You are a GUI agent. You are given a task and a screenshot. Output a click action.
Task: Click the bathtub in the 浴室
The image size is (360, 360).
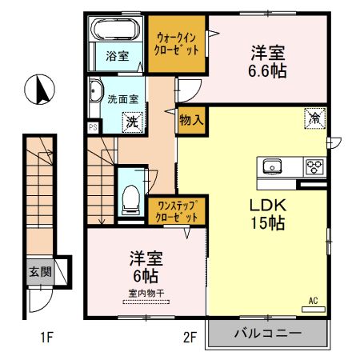(x=117, y=33)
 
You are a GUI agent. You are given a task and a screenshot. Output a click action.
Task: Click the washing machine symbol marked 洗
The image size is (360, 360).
(x=129, y=122)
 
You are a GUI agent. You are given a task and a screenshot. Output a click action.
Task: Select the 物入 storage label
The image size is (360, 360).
(x=190, y=121)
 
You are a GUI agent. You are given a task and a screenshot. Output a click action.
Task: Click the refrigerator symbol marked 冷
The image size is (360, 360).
(x=314, y=118)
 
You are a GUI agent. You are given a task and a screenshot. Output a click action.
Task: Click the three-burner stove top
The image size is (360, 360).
(x=313, y=166)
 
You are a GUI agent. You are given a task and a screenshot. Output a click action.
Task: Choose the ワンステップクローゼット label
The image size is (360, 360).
(x=172, y=210)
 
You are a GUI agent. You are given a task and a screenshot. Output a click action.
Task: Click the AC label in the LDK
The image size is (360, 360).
(x=313, y=300)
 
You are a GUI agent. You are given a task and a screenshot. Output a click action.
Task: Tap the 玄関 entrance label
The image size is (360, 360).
(x=40, y=271)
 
